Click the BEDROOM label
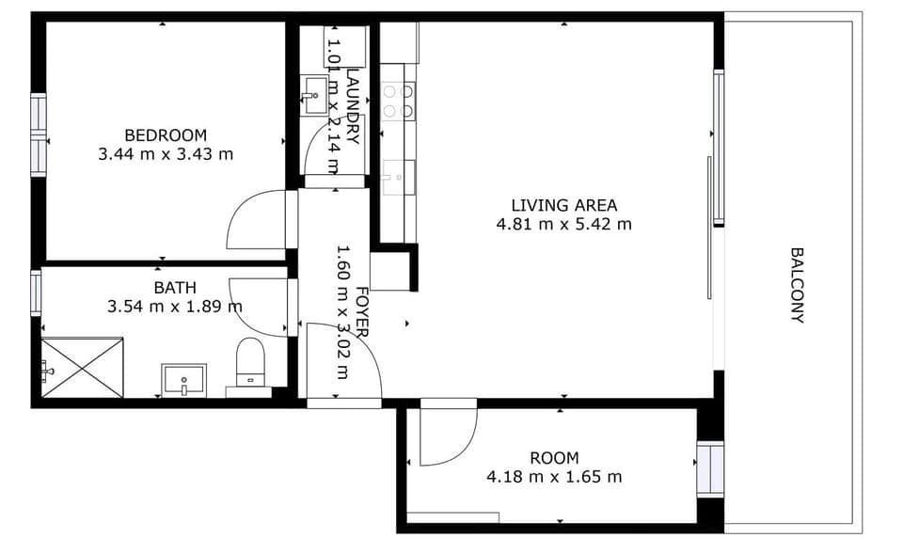[x=166, y=134]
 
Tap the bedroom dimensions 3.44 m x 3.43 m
[x=166, y=153]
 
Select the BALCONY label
[x=797, y=285]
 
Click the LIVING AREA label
[x=563, y=205]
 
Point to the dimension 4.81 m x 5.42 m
[x=563, y=224]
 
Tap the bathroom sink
[x=184, y=380]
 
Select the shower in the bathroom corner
[x=82, y=368]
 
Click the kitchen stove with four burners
[x=399, y=101]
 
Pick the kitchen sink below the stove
[x=399, y=175]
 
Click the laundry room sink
[x=315, y=91]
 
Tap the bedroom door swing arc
[x=256, y=220]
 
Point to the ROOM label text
[x=554, y=458]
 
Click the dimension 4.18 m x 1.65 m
[x=554, y=477]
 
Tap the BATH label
[x=174, y=288]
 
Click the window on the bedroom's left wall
[x=39, y=134]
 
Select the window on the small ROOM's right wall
[x=710, y=468]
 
